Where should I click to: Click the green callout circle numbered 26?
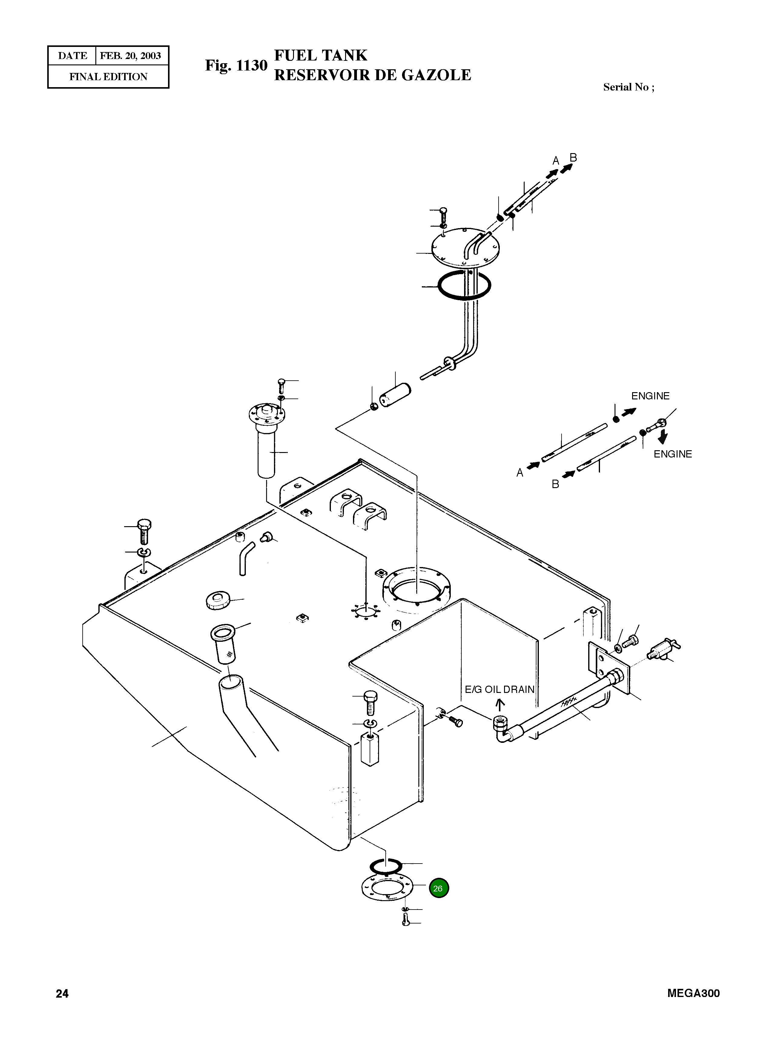click(x=439, y=888)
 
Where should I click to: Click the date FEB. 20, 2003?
click(x=130, y=56)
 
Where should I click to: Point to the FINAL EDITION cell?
click(x=108, y=77)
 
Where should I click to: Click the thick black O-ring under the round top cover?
click(x=464, y=286)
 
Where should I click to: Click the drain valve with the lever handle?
click(x=663, y=650)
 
